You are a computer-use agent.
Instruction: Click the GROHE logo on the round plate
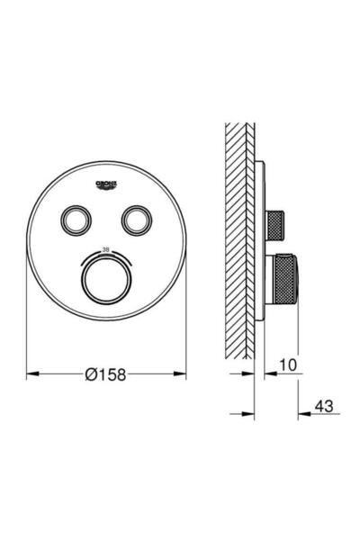[105, 185]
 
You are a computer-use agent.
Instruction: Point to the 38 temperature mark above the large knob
[105, 249]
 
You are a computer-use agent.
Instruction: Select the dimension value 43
[324, 408]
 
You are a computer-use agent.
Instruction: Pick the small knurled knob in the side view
[275, 220]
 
